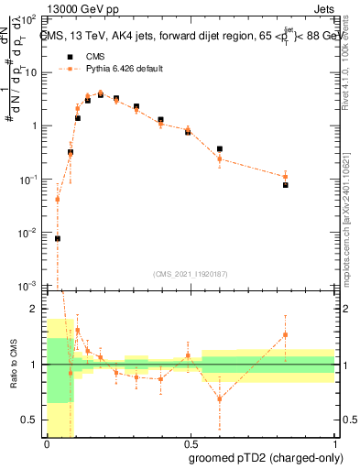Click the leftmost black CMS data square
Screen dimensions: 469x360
pos(58,238)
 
